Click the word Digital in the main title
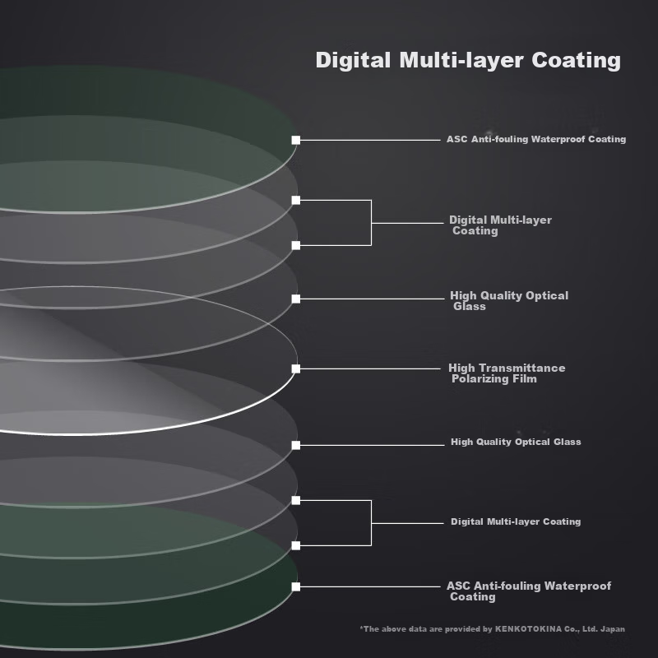pyautogui.click(x=353, y=60)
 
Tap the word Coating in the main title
pyautogui.click(x=577, y=61)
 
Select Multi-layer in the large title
pyautogui.click(x=461, y=61)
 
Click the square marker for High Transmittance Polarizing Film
pyautogui.click(x=296, y=368)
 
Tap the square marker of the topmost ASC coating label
pyautogui.click(x=296, y=140)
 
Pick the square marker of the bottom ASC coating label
pyautogui.click(x=296, y=586)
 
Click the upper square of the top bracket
pyautogui.click(x=296, y=200)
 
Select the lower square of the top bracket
pyautogui.click(x=296, y=245)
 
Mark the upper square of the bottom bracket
pyautogui.click(x=296, y=500)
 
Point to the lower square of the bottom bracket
pyautogui.click(x=296, y=545)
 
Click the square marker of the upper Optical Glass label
pyautogui.click(x=296, y=299)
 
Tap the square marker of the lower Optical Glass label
pyautogui.click(x=296, y=445)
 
